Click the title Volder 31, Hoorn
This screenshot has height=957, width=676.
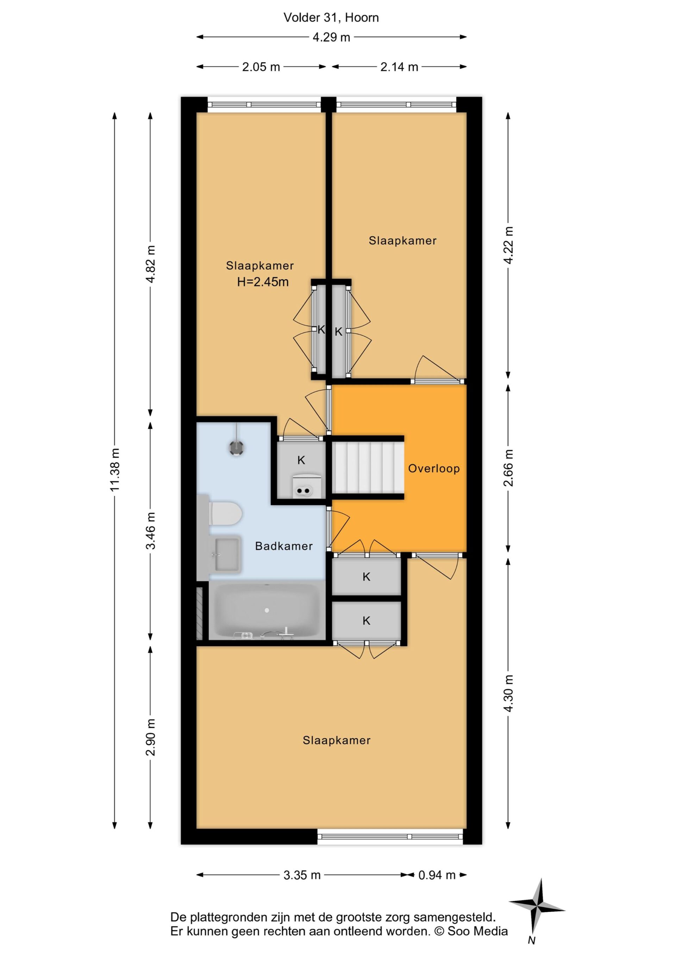pos(331,18)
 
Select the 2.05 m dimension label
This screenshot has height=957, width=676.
pos(261,67)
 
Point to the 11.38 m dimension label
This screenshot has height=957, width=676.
pos(115,470)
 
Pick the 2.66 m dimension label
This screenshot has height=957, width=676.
pos(508,468)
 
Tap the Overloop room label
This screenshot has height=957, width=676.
pos(434,469)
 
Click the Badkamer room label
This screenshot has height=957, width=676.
pos(284,546)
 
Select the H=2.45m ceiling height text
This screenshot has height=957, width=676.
pos(263,282)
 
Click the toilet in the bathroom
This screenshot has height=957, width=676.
pos(225,513)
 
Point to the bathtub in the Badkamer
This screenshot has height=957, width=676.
pos(267,611)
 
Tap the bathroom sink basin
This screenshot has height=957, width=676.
pos(227,554)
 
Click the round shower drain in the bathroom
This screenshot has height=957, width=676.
pos(236,448)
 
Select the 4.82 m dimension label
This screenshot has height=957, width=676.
pos(151,264)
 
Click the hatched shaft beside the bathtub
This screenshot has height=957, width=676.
pos(200,613)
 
